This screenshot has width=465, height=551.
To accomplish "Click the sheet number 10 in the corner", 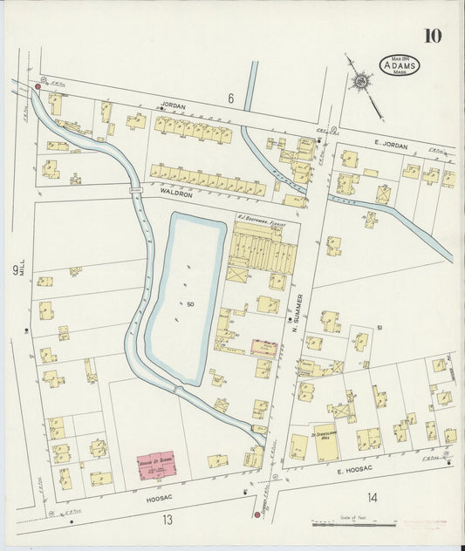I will coord(433,36).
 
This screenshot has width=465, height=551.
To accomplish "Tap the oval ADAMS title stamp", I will coord(398,65).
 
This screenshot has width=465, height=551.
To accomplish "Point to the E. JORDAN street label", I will coord(391,146).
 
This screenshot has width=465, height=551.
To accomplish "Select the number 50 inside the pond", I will coord(190,303).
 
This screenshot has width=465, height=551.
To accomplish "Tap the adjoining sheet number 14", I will coord(373,498).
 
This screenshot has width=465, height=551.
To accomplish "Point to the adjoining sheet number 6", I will coord(231,99).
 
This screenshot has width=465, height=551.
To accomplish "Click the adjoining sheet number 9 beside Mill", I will coord(16,270).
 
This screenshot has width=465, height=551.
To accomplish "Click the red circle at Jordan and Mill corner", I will coord(38,87).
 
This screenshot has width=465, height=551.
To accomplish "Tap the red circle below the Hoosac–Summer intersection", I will coord(256,514).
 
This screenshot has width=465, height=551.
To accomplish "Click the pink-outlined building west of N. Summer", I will coord(264,349).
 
